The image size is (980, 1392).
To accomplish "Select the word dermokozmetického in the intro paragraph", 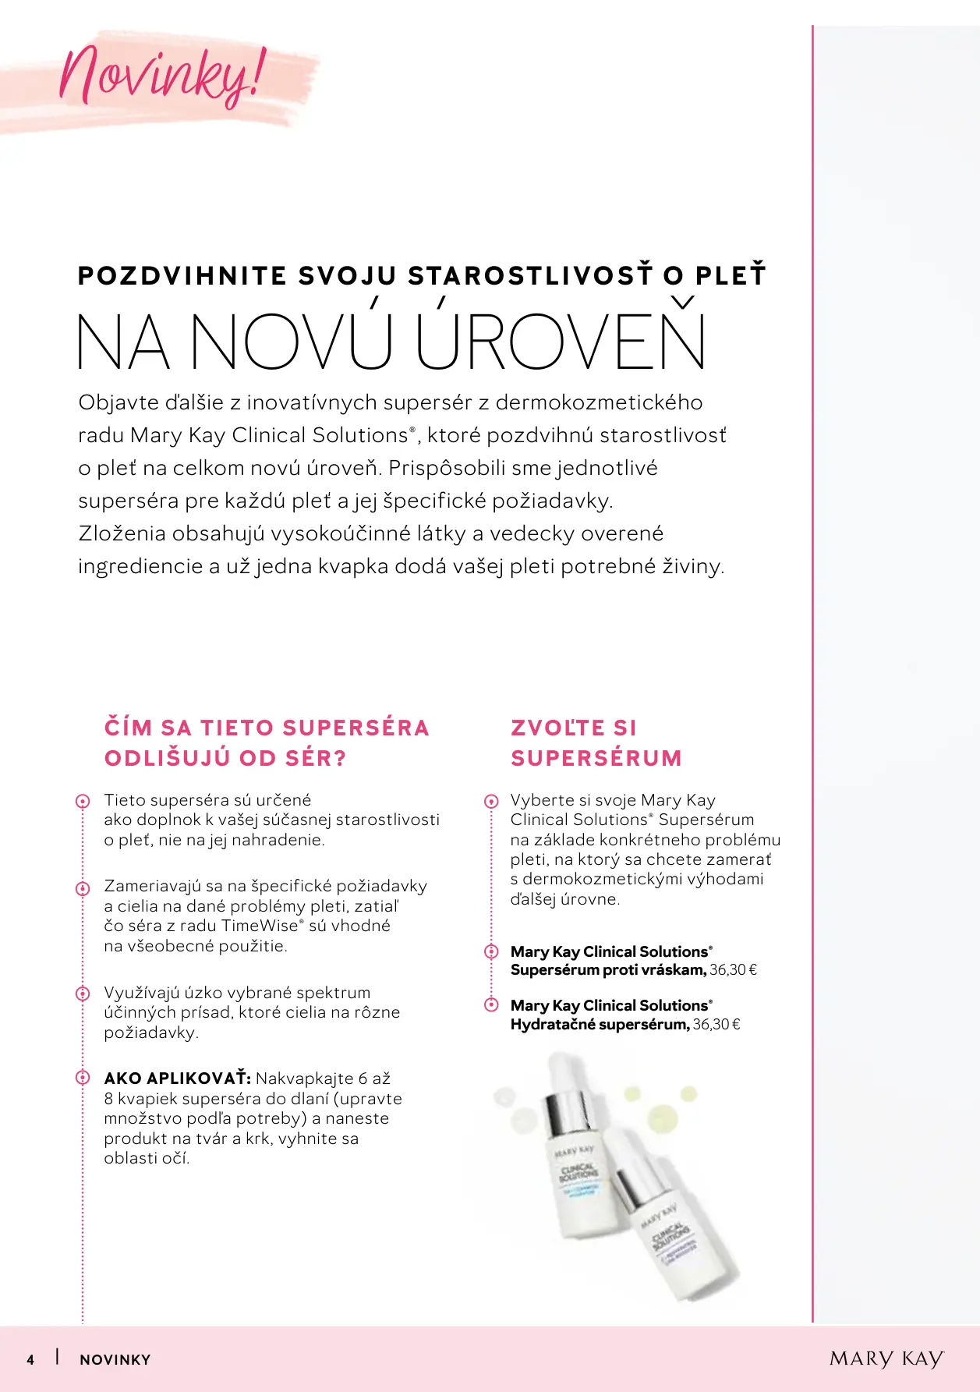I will [x=599, y=402].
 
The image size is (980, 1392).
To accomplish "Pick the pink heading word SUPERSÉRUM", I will [x=596, y=758].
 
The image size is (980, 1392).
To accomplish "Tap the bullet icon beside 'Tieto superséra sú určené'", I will [x=83, y=801].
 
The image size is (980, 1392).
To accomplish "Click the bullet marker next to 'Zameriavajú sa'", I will [x=83, y=888].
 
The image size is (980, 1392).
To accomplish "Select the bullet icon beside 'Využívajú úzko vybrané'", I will [x=83, y=994].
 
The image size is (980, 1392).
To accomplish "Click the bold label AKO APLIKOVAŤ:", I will [x=177, y=1079].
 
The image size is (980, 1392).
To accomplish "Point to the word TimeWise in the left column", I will [x=260, y=926].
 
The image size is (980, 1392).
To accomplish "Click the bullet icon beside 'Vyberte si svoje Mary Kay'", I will [x=491, y=801].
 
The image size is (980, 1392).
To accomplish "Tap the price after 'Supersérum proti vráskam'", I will [x=733, y=970].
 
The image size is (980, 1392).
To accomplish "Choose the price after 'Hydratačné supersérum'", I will [x=716, y=1025].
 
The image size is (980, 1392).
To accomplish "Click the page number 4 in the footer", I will [x=30, y=1359].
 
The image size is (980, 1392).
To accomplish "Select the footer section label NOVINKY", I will [x=115, y=1359].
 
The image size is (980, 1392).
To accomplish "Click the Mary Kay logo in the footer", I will [x=886, y=1358].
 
